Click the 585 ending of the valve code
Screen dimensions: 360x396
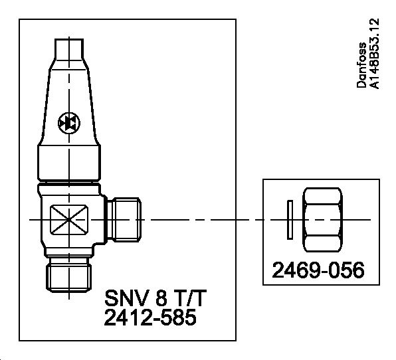(177, 318)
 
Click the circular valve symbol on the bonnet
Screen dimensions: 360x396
(68, 123)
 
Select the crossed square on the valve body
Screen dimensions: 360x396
(68, 218)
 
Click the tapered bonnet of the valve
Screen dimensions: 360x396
(68, 100)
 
